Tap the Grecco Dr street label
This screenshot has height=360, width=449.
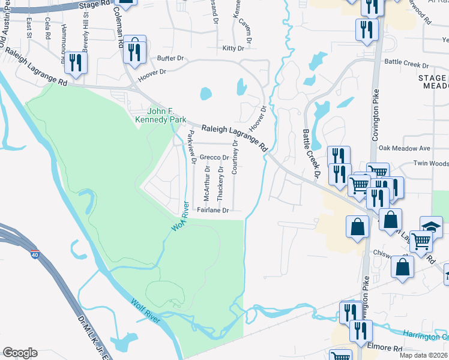[214, 158]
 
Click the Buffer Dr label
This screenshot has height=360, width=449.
[170, 59]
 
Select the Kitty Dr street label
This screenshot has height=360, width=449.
[233, 48]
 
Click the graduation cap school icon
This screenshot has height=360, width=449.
[431, 227]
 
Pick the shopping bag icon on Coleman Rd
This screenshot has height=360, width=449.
[134, 49]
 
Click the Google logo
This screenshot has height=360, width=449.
[20, 353]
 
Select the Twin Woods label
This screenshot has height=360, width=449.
[431, 163]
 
